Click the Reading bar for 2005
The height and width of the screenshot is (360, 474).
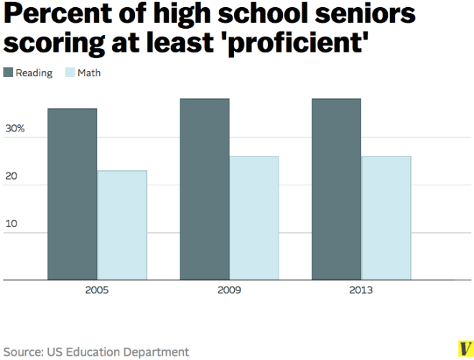(72, 194)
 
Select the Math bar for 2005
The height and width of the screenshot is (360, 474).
(122, 225)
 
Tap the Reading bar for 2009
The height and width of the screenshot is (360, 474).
(205, 189)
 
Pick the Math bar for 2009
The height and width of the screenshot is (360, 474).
(254, 218)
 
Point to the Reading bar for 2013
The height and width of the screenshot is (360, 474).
(336, 189)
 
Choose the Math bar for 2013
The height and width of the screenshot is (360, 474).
(386, 218)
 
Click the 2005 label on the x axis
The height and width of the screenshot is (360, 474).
(97, 291)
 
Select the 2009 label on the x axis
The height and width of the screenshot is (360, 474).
(229, 291)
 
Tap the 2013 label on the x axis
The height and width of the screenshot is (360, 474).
(361, 291)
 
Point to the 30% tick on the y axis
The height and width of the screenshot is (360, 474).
(15, 129)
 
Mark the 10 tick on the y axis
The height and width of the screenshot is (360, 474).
(11, 224)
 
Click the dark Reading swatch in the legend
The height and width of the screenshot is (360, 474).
(9, 73)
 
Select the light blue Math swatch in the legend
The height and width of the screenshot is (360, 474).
(70, 73)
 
